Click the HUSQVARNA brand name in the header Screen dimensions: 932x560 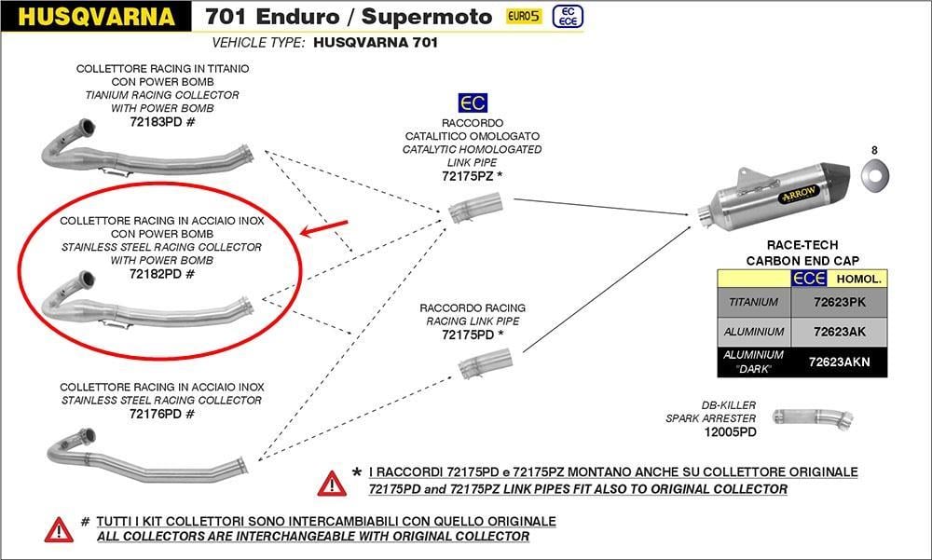(96, 17)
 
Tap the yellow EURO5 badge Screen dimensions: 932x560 (524, 16)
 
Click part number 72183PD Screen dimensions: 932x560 (156, 122)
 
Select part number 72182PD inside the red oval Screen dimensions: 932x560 (156, 274)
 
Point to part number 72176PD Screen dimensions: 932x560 (156, 414)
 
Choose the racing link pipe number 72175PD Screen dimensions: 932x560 (468, 335)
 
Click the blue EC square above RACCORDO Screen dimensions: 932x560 (473, 102)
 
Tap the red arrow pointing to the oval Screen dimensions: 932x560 (324, 228)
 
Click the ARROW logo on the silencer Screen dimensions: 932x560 (799, 193)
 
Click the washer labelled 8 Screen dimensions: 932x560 (875, 176)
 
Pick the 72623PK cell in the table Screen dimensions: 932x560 (840, 302)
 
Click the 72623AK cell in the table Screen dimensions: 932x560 (840, 332)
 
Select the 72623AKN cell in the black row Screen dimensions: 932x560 (840, 362)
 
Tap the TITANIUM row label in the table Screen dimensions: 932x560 (754, 302)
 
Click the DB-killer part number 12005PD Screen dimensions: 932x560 (730, 432)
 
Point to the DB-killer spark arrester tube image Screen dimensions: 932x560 (813, 417)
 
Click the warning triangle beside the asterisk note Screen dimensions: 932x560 (332, 484)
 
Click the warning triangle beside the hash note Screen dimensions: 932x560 (59, 529)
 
